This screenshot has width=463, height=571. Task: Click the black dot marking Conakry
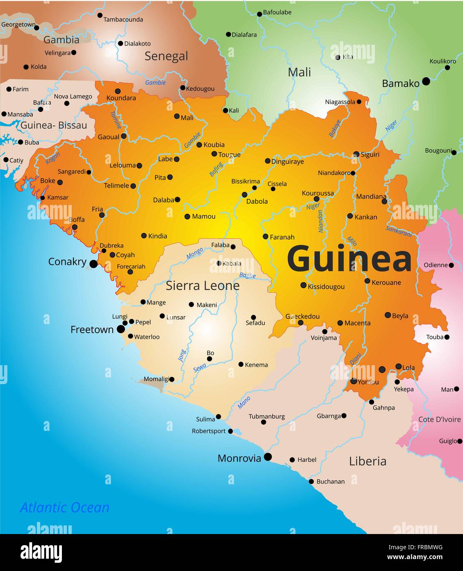[x=94, y=264]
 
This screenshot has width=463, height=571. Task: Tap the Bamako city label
[x=400, y=83]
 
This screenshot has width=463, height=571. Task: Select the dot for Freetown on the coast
[x=121, y=329]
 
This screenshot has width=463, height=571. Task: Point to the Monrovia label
[x=239, y=458]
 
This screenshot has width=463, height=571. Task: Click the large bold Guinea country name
[x=349, y=259]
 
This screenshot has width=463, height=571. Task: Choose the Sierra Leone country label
[x=202, y=285]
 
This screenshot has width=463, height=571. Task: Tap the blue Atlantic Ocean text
[x=65, y=507]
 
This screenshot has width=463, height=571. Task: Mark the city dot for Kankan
[x=350, y=216]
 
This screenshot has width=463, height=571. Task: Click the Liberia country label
[x=367, y=461]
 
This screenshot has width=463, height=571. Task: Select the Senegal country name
[x=166, y=56]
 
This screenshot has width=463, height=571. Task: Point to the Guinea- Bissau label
[x=54, y=125]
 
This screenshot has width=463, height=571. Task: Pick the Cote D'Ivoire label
[x=439, y=419]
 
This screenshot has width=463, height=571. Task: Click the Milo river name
[x=351, y=241]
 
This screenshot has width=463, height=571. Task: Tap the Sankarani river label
[x=399, y=231]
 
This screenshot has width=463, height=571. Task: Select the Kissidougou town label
[x=326, y=287]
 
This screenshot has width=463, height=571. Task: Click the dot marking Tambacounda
[x=100, y=15]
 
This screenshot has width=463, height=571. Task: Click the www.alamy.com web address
[x=415, y=557]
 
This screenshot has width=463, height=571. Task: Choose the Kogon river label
[x=52, y=158]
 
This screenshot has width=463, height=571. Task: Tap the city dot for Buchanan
[x=311, y=481]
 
